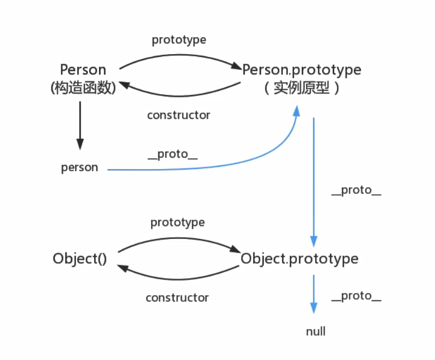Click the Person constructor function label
click(x=83, y=70)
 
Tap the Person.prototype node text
click(x=301, y=70)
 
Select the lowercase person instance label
click(x=79, y=167)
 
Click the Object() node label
click(x=79, y=259)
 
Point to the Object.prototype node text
click(x=299, y=259)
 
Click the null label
click(x=316, y=331)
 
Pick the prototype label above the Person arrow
click(x=179, y=40)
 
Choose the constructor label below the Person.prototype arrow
click(x=179, y=115)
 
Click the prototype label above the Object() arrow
click(x=177, y=223)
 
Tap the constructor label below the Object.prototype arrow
click(x=177, y=297)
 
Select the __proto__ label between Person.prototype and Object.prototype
click(x=356, y=190)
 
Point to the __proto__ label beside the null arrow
click(x=356, y=296)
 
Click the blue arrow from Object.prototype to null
click(x=313, y=293)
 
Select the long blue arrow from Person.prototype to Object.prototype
click(x=313, y=180)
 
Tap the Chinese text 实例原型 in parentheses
click(x=301, y=88)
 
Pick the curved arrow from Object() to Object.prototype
click(x=177, y=237)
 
